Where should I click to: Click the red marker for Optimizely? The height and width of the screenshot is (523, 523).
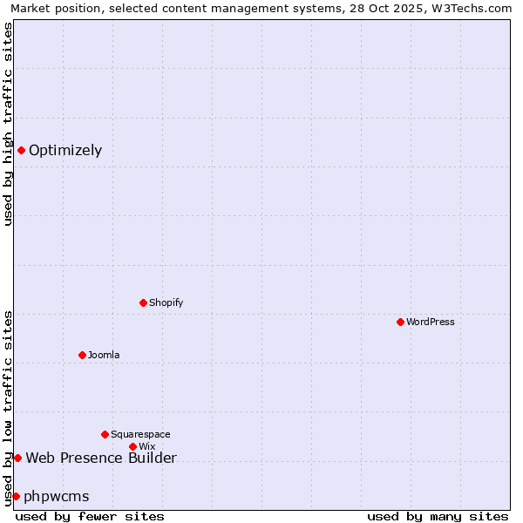tap(21, 150)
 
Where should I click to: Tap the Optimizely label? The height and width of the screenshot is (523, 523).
tap(65, 151)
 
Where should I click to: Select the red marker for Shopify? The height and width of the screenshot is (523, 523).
tap(143, 302)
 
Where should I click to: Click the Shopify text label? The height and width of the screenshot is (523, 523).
tap(166, 303)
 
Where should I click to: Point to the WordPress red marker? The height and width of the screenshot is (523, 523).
tap(400, 322)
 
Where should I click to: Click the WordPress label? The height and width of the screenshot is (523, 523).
tap(431, 323)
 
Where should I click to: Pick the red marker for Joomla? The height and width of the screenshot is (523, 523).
tap(82, 355)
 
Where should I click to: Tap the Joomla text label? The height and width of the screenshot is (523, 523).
tap(104, 356)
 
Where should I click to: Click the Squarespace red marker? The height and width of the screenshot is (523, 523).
tap(105, 434)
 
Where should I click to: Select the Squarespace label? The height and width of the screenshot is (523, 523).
tap(140, 435)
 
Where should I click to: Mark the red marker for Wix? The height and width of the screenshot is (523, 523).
tap(132, 446)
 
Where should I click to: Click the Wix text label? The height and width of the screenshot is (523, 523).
tap(146, 447)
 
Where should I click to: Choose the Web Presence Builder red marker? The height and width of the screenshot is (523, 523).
tap(17, 458)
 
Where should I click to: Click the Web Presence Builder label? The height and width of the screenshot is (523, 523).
tap(101, 458)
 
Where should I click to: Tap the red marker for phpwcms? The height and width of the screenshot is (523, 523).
tap(16, 496)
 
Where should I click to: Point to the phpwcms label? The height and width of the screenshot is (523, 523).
tap(57, 497)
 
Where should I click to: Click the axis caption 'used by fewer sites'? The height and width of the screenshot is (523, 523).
tap(90, 517)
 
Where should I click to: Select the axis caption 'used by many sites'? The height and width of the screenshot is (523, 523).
tap(438, 517)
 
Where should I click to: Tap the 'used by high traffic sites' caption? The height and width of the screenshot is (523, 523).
tap(9, 124)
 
